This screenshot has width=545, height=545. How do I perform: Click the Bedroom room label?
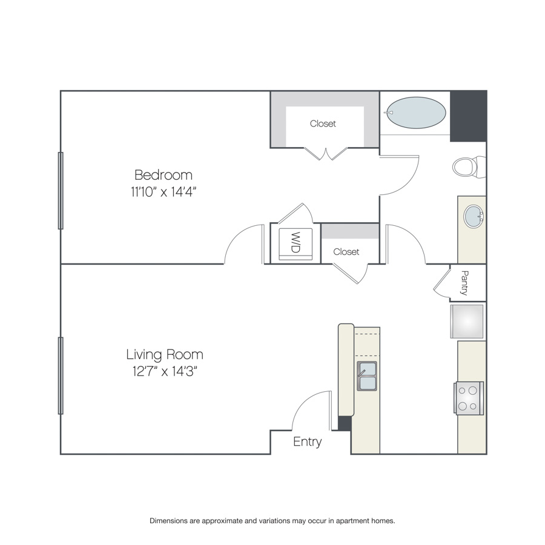(x=163, y=175)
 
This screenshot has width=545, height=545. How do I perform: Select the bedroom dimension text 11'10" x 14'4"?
(x=163, y=191)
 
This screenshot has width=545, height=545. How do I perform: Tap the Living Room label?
(x=164, y=354)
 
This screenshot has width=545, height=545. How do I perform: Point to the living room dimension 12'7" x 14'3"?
(x=165, y=372)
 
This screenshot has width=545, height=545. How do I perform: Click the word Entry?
(x=307, y=442)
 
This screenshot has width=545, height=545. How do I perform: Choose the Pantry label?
(x=464, y=283)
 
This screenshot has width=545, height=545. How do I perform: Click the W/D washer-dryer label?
(x=295, y=242)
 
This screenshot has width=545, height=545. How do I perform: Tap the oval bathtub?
(x=416, y=113)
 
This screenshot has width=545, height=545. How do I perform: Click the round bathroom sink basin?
(x=474, y=217)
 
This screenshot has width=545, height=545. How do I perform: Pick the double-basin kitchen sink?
(x=367, y=376)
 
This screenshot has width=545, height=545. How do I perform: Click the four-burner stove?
(x=469, y=398)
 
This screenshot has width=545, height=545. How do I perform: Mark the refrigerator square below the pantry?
(x=467, y=322)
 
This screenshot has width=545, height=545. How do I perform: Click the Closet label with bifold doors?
(x=323, y=124)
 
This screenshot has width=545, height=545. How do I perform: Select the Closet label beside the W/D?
(x=346, y=252)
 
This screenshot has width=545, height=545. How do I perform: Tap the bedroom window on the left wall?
(x=61, y=191)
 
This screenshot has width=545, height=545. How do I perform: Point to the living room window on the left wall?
(x=61, y=375)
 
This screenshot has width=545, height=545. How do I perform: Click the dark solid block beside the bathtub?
(x=468, y=116)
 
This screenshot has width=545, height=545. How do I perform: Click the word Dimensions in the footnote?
(x=168, y=521)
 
